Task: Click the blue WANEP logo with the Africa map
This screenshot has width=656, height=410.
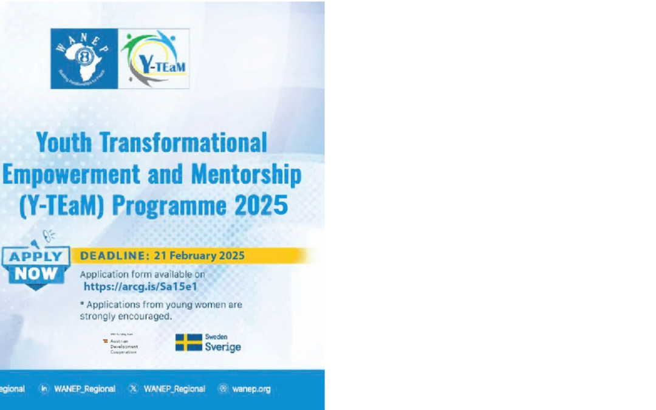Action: click(84, 58)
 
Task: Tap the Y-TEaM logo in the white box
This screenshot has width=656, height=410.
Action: click(154, 58)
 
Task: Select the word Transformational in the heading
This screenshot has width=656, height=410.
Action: click(183, 143)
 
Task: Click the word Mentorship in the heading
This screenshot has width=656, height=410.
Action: click(247, 175)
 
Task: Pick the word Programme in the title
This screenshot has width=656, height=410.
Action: click(171, 207)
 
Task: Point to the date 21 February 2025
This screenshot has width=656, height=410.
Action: click(197, 256)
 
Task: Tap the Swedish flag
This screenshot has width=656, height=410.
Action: click(188, 343)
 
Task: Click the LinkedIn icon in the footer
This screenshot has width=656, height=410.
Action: click(44, 389)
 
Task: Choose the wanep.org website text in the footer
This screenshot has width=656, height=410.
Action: click(251, 389)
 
